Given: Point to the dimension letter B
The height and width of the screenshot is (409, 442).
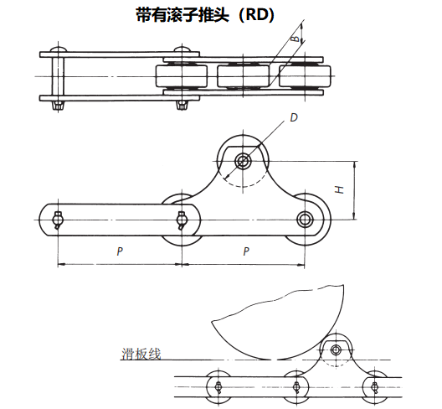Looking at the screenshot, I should point(295,39).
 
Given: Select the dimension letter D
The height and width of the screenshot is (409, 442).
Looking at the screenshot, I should point(293,118).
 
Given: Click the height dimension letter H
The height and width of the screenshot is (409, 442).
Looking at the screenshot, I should point(339,190).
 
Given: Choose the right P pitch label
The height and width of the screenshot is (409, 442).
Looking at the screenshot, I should point(245,251).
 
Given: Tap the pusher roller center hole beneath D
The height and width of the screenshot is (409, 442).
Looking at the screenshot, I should point(243,161).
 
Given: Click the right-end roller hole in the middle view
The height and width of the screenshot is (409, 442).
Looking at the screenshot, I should point(304,220).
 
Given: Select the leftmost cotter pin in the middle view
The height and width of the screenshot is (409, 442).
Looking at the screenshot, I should point(58,220).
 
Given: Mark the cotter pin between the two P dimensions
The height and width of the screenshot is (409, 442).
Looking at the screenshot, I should point(182,220).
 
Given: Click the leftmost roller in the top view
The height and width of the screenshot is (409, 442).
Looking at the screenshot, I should point(181,76).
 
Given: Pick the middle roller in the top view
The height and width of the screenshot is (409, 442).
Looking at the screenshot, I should point(242,76).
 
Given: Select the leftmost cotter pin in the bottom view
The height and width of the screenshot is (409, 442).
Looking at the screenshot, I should point(217,386).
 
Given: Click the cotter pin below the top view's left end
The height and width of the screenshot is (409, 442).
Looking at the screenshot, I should point(57,106).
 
